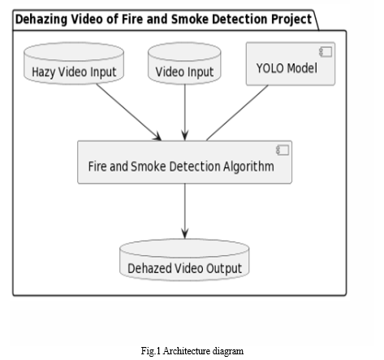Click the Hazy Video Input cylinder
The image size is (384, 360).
tap(74, 63)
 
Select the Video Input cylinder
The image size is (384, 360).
tap(184, 63)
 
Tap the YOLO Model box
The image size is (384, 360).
tap(291, 63)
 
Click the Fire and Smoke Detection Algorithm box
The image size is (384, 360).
tap(184, 162)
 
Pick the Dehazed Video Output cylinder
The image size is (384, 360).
tap(184, 260)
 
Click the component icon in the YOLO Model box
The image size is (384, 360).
tap(326, 52)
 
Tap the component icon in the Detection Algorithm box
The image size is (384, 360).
tap(283, 150)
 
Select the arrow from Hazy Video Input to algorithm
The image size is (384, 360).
tap(129, 112)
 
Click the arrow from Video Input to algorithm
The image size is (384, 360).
tap(185, 112)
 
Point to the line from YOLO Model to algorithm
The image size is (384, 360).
tap(237, 113)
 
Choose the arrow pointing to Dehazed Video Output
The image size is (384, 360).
tap(185, 211)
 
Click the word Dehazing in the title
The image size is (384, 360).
tap(41, 20)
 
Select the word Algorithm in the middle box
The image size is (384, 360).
tap(248, 167)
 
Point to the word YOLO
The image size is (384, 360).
tap(270, 68)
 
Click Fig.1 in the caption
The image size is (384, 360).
tap(150, 351)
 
